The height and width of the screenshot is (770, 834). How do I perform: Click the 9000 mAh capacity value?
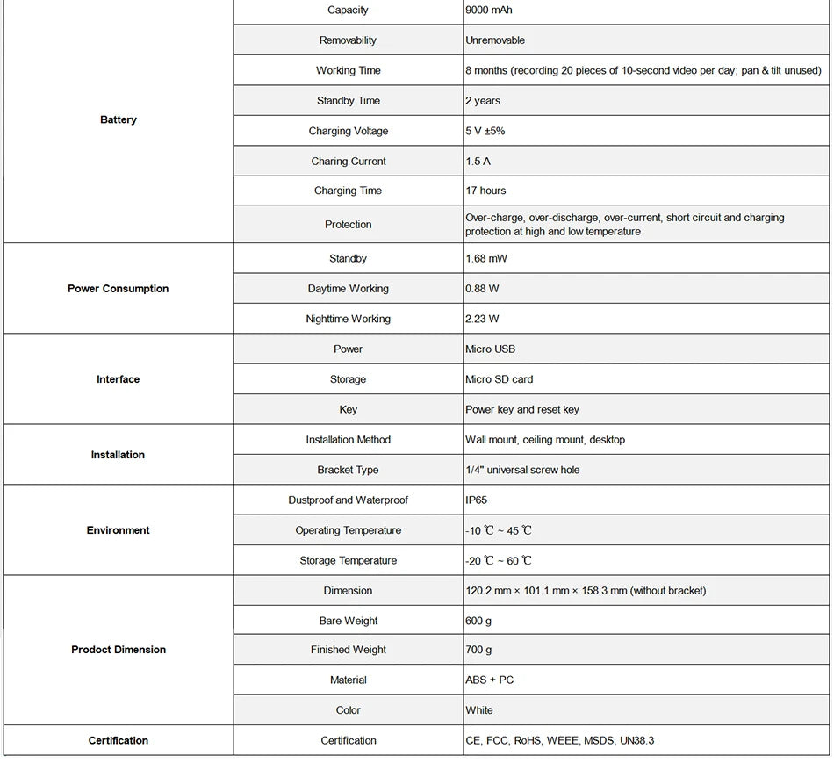click(x=489, y=11)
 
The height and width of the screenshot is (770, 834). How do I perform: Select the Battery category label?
click(x=119, y=119)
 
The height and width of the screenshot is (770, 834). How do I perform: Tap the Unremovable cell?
click(x=495, y=40)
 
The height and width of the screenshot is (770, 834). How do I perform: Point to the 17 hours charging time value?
click(x=485, y=191)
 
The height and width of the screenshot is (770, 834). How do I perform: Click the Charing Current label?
click(x=349, y=162)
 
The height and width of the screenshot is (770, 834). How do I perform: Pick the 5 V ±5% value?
click(x=485, y=131)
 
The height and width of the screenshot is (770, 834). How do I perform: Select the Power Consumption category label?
click(x=119, y=289)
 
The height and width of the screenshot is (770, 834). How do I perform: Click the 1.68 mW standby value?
click(x=486, y=259)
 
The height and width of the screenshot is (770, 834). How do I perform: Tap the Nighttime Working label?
click(x=349, y=319)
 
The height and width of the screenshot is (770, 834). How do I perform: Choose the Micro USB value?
click(x=491, y=349)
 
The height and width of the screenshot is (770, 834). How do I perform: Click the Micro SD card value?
click(x=499, y=379)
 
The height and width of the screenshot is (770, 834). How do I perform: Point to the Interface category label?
click(x=119, y=379)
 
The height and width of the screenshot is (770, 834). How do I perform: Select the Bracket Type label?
click(x=349, y=470)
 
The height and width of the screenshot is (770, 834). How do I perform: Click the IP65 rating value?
click(x=476, y=500)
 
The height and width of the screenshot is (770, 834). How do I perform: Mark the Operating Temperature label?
click(x=349, y=530)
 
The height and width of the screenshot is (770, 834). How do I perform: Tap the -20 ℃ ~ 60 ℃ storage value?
click(x=499, y=561)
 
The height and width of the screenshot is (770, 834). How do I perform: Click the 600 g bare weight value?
click(x=478, y=621)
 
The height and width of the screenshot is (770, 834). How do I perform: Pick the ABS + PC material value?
click(x=490, y=680)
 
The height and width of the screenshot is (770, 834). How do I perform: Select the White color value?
click(x=479, y=710)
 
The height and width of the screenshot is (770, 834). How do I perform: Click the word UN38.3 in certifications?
click(x=637, y=741)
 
